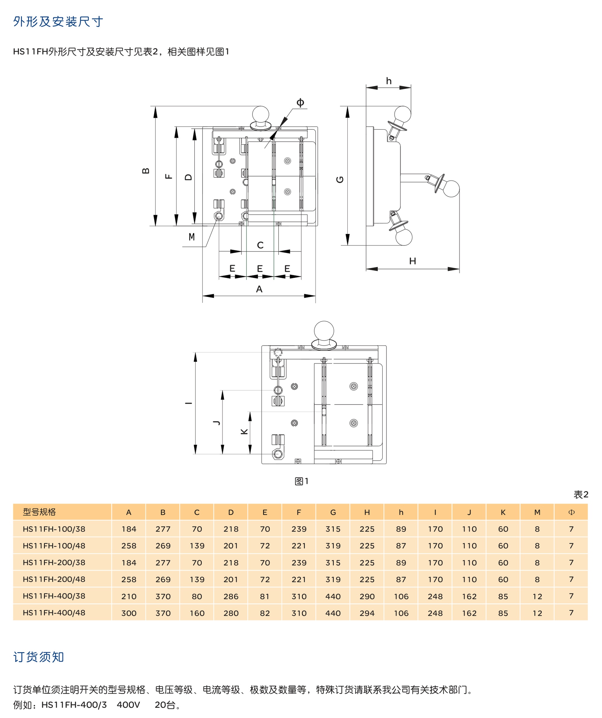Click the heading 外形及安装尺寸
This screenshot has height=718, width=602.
58,22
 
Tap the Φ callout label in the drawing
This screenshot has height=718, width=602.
300,102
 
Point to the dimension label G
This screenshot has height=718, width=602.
340,180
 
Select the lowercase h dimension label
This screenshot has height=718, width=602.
389,81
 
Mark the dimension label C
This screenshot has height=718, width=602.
260,245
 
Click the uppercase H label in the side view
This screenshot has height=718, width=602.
412,261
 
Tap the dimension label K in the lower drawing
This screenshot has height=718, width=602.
244,431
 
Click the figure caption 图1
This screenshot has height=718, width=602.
302,481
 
